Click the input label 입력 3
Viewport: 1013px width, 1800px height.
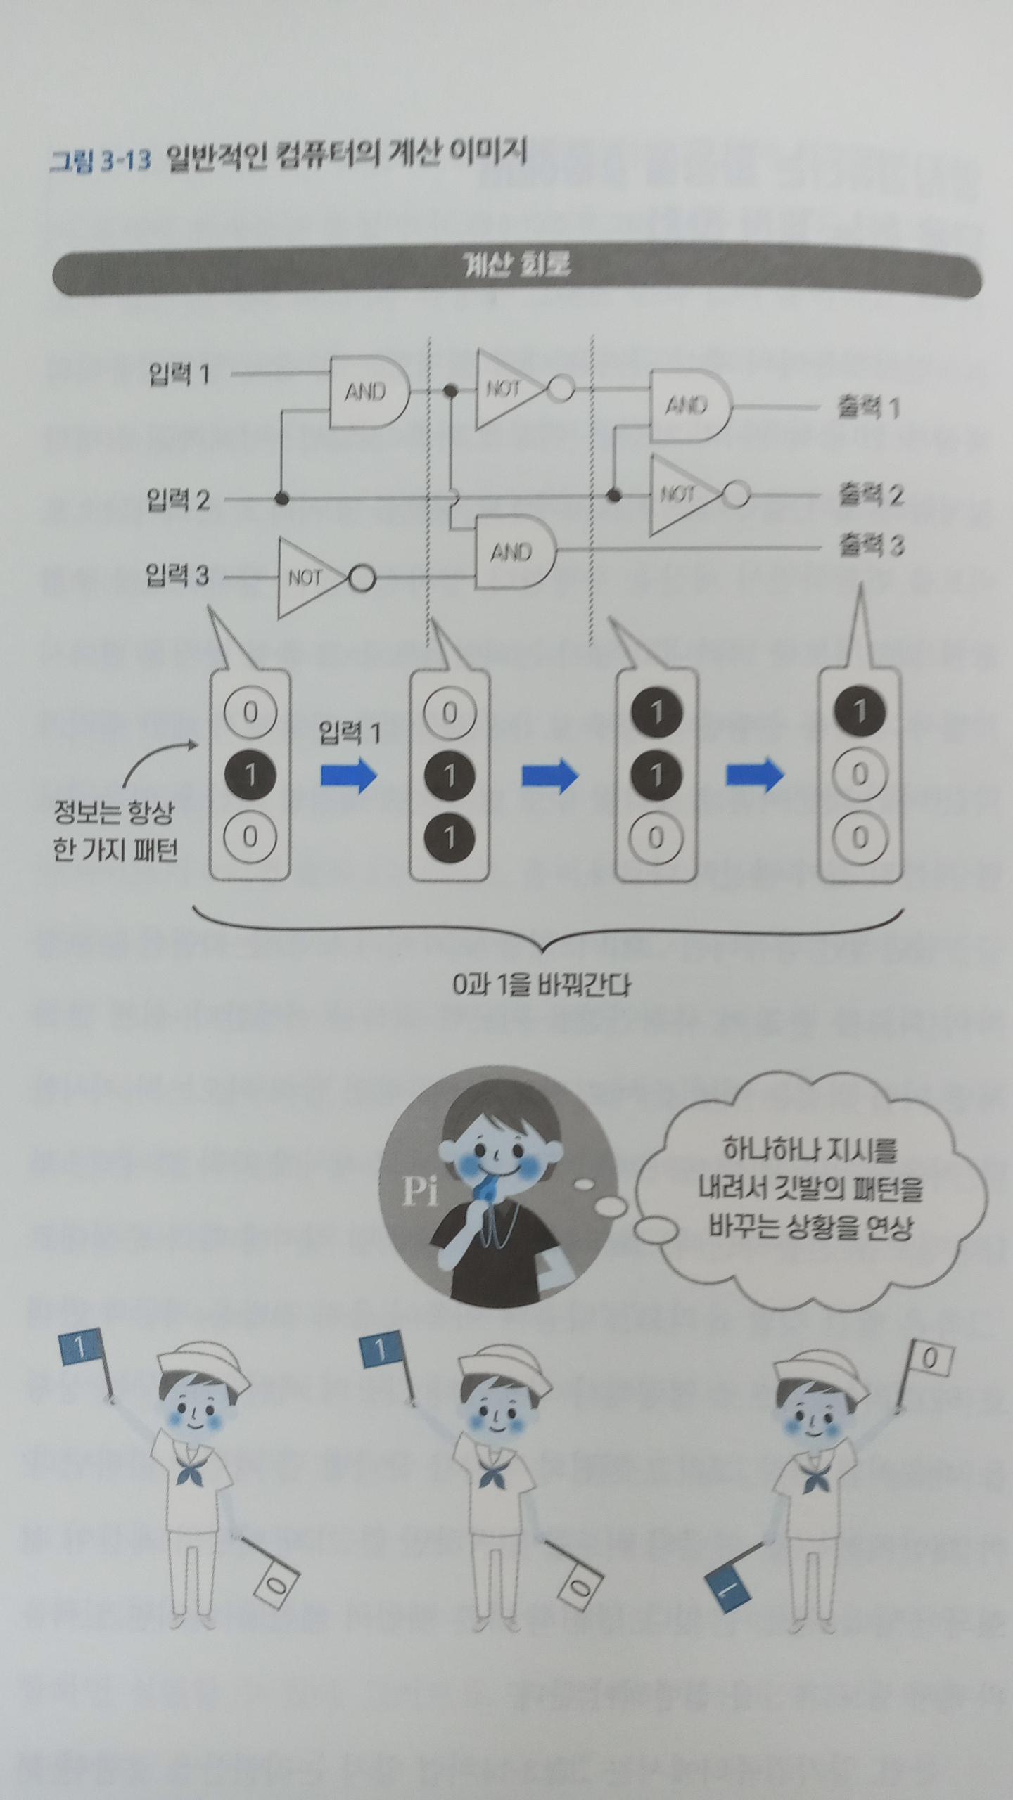point(177,575)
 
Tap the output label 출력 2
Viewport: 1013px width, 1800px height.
point(869,495)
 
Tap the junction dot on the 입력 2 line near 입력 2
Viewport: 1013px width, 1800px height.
point(281,499)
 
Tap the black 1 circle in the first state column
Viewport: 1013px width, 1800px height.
point(250,775)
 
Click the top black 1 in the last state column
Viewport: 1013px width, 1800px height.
point(859,712)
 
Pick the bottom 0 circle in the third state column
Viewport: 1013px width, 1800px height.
point(655,837)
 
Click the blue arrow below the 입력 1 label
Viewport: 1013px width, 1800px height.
point(349,775)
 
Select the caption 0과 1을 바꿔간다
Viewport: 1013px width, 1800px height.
point(542,985)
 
